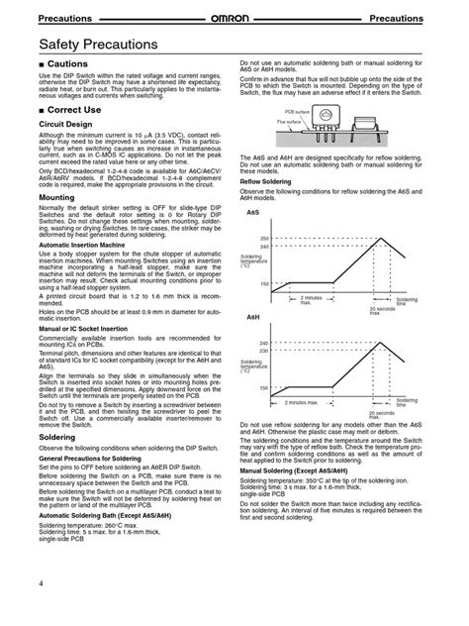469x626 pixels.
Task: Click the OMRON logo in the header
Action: tap(234, 19)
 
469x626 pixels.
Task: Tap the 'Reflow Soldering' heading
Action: tap(265, 182)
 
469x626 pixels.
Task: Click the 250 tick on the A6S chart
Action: tap(264, 239)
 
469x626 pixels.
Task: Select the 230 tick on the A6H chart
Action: tap(264, 350)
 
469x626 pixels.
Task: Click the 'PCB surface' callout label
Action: tap(297, 114)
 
